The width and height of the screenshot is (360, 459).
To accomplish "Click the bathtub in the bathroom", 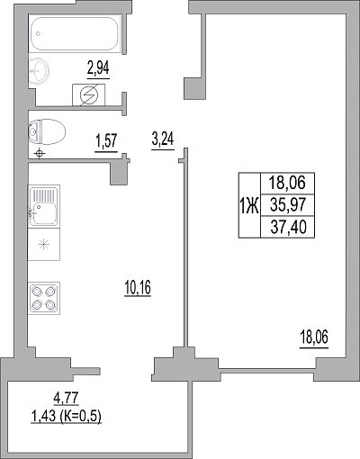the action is click(x=75, y=33).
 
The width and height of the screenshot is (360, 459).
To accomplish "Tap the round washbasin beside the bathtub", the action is click(x=39, y=71).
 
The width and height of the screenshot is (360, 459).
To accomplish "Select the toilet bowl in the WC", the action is click(x=47, y=131).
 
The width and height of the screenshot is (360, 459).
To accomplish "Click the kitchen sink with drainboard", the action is click(x=44, y=206).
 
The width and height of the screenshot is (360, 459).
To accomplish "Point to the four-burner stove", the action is click(x=44, y=298).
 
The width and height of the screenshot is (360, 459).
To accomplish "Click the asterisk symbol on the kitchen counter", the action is click(x=43, y=244).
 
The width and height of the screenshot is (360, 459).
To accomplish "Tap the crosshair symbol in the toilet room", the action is click(x=40, y=154).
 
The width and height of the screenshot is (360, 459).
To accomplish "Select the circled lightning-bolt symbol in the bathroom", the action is click(x=89, y=95).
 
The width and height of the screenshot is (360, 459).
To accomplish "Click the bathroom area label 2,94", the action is click(x=98, y=67).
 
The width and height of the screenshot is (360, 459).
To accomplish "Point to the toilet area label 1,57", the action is click(x=106, y=141).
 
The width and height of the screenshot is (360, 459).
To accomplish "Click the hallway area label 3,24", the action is click(x=163, y=139).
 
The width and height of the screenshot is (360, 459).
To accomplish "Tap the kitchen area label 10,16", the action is click(x=138, y=287).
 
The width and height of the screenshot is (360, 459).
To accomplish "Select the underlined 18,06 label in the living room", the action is click(x=314, y=337).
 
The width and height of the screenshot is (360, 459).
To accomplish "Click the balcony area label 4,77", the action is click(x=66, y=398).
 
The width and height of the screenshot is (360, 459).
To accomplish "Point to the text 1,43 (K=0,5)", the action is click(x=66, y=417).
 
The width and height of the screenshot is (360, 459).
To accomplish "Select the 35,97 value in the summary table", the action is click(x=288, y=205).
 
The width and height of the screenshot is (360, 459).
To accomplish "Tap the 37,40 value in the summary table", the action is click(x=288, y=227).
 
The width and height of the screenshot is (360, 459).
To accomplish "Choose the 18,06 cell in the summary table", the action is click(x=287, y=183).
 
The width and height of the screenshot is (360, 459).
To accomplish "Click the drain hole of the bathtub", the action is click(x=38, y=33).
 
